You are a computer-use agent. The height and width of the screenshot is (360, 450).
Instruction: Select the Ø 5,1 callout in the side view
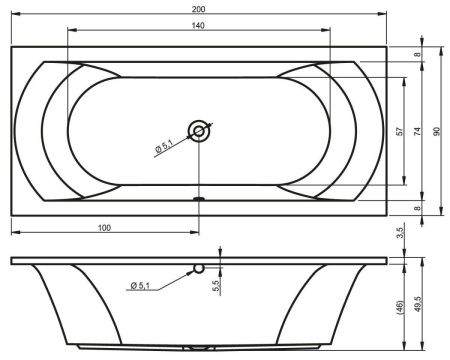(x=140, y=287)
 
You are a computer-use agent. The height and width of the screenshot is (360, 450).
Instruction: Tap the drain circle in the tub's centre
(x=199, y=130)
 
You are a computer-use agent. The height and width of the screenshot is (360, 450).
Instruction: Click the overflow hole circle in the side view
(x=199, y=268)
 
